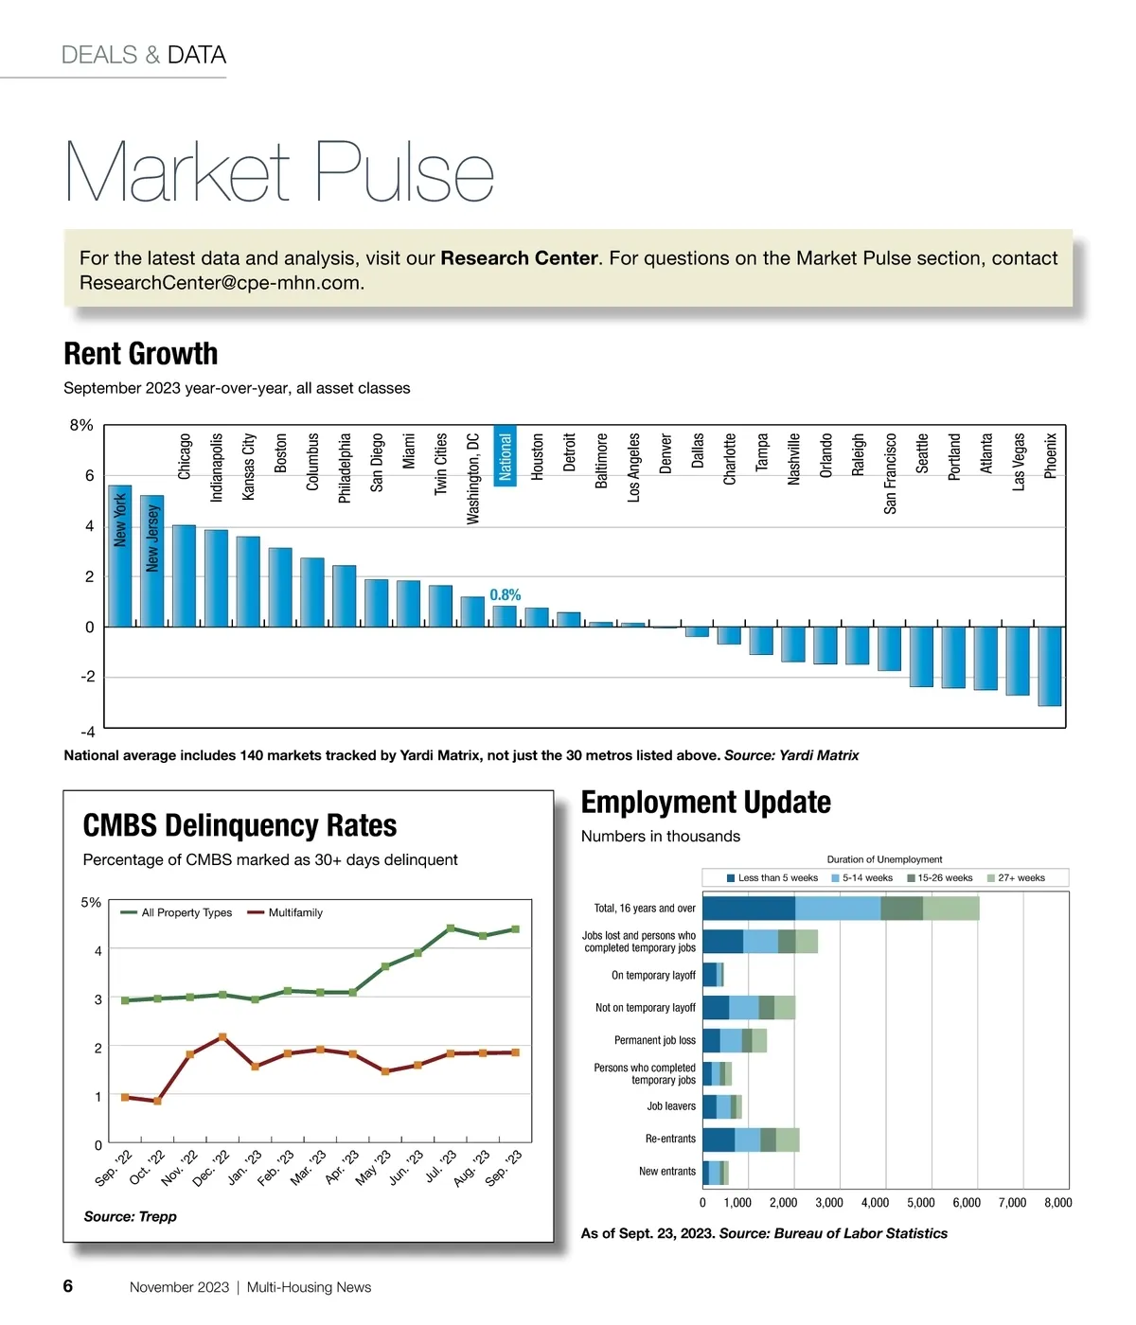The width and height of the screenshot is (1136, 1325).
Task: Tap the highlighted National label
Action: tap(506, 457)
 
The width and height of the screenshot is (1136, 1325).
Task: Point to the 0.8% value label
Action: tap(505, 595)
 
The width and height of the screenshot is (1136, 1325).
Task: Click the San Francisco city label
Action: tap(890, 474)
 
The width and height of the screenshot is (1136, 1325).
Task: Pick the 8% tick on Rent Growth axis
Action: tap(81, 426)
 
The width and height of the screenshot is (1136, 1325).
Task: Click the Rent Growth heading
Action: tap(140, 354)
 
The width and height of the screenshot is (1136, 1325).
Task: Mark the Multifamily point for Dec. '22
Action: tap(222, 1037)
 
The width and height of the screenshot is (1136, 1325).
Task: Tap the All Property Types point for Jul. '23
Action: tap(451, 928)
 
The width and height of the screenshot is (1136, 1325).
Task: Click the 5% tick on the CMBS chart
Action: tap(91, 903)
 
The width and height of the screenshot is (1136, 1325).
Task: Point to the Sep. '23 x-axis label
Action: tap(504, 1168)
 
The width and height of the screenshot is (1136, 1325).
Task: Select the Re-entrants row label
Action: tap(670, 1139)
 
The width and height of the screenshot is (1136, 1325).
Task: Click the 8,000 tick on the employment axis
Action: tap(1057, 1203)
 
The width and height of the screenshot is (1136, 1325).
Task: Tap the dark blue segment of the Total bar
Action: tap(748, 909)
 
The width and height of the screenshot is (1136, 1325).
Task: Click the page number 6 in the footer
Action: tap(68, 1286)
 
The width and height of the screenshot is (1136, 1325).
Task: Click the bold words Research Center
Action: tap(519, 258)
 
